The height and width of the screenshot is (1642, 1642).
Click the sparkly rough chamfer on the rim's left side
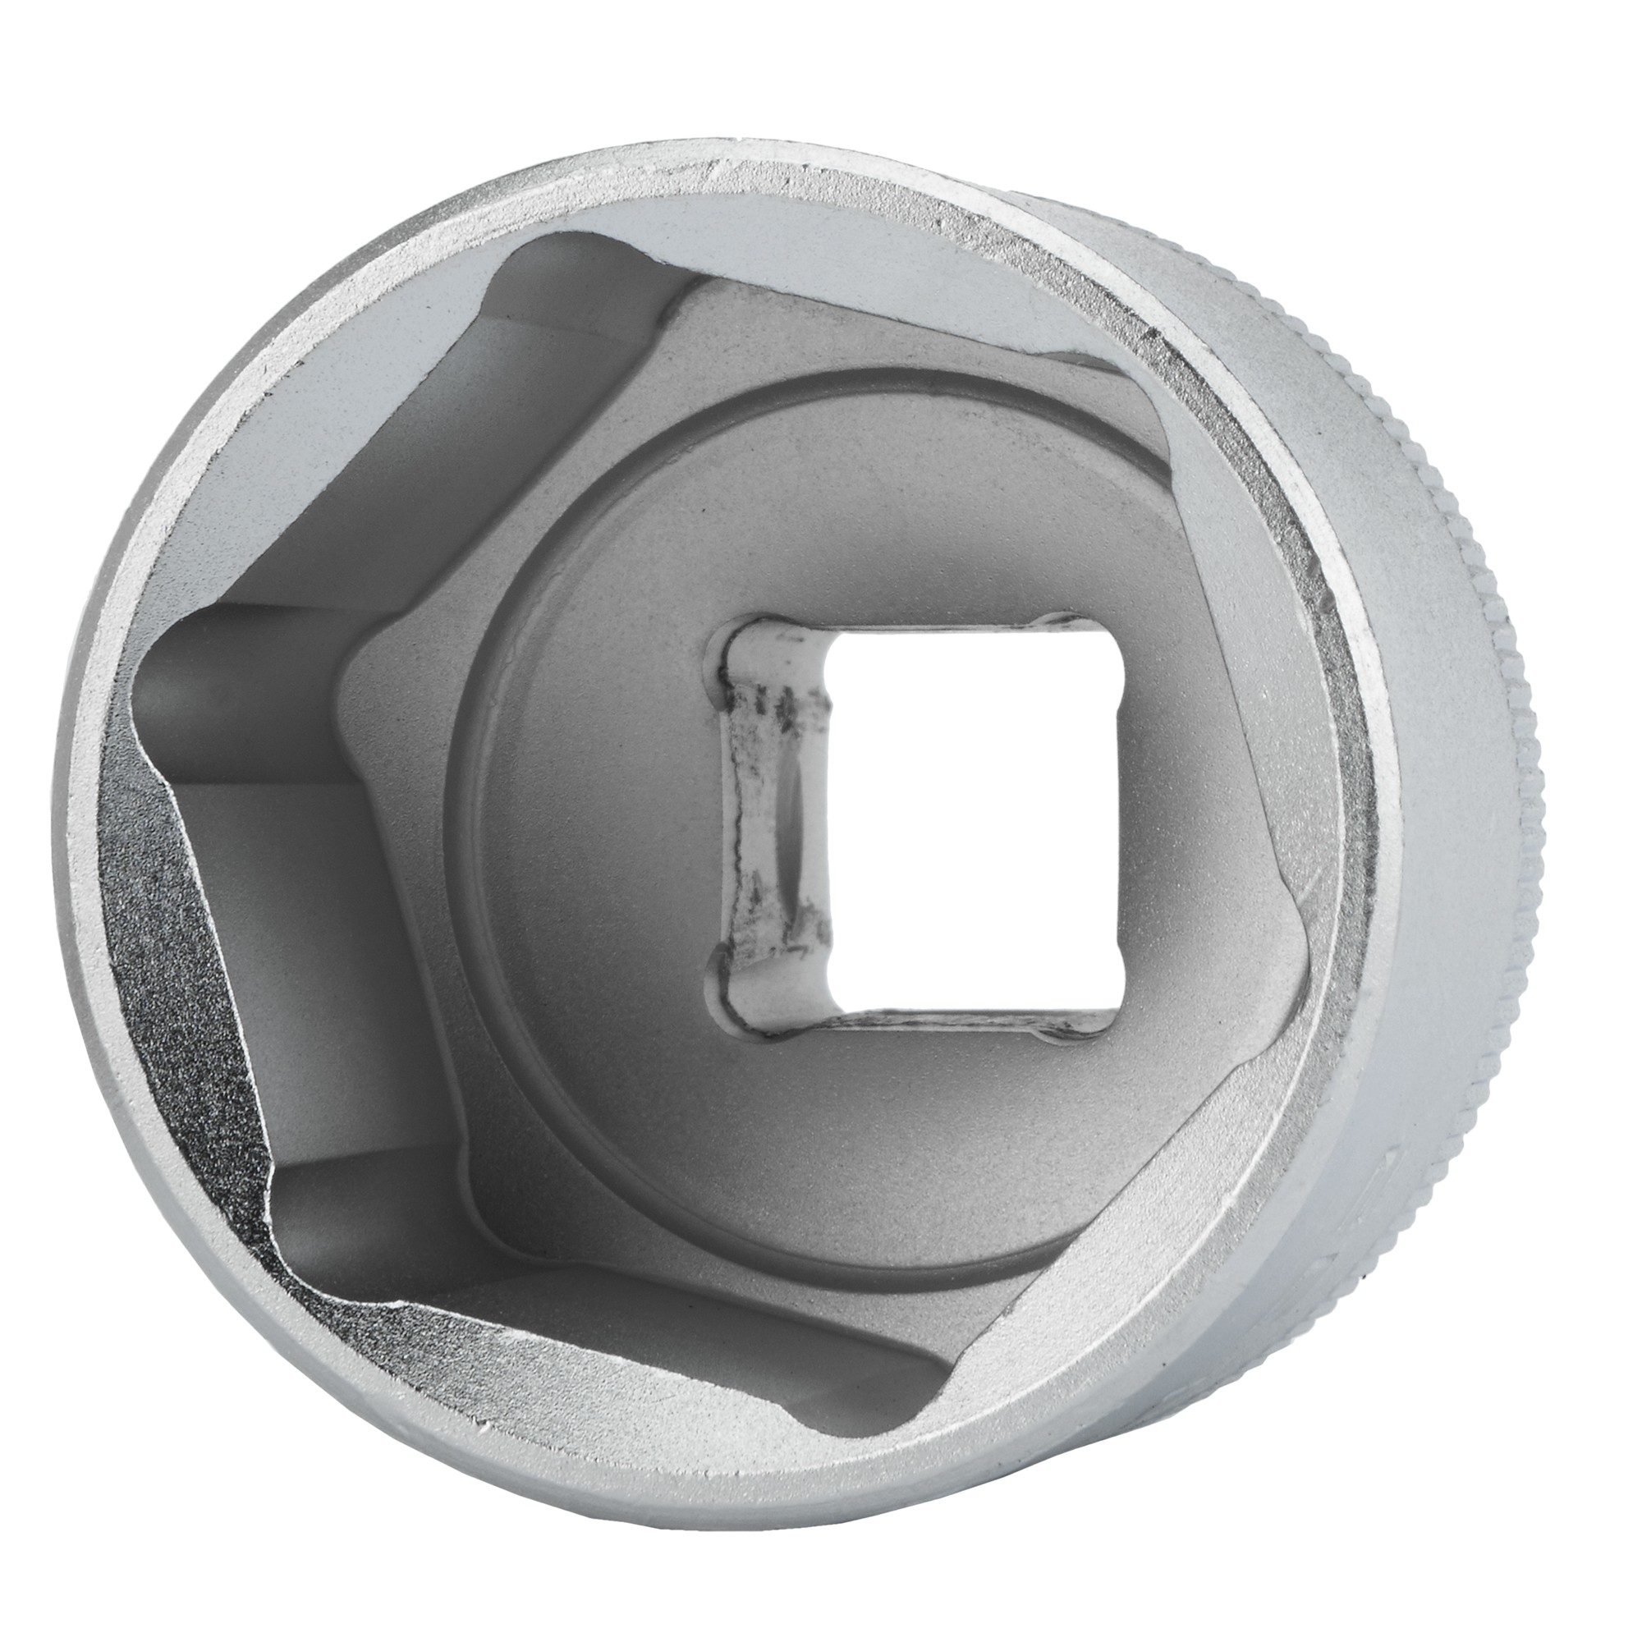tap(162, 977)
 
